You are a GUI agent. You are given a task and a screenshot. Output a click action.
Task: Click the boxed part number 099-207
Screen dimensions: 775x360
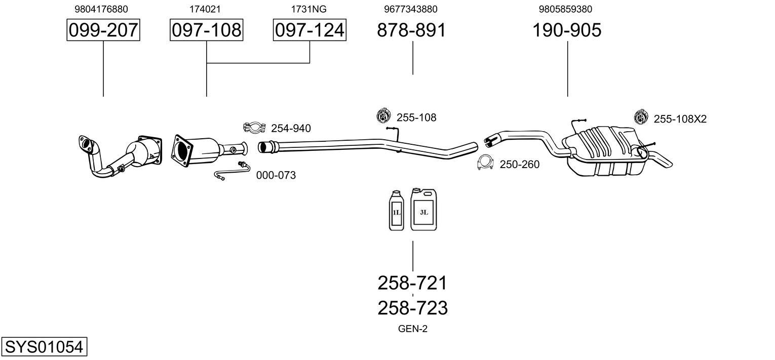103,30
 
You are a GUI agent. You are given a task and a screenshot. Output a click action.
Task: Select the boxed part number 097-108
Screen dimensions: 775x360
206,30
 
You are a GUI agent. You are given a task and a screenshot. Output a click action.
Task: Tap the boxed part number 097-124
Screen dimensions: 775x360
309,30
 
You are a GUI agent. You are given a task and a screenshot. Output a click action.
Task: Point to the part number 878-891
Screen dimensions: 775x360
411,30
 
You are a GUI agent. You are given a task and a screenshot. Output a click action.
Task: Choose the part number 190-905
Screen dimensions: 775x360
567,30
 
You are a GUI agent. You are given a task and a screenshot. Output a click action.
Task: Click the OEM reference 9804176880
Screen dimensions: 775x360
101,9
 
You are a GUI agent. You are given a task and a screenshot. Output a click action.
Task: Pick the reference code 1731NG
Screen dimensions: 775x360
308,9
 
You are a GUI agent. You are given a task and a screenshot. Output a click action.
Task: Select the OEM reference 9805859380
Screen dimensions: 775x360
565,9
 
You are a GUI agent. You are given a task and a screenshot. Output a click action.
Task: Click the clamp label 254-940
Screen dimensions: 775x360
291,128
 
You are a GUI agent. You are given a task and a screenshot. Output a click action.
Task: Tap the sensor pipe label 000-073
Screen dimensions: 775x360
276,175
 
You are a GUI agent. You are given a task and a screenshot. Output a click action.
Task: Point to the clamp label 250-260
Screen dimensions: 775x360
519,164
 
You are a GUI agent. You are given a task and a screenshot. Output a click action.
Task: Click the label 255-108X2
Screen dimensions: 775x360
680,119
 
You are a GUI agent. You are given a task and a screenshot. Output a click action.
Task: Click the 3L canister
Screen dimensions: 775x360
423,210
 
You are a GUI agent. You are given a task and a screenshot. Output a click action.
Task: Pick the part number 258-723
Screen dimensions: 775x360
412,308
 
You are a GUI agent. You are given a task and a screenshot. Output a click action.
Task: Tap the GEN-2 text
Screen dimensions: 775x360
412,329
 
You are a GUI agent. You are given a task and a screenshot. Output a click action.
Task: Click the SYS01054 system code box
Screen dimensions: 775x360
44,346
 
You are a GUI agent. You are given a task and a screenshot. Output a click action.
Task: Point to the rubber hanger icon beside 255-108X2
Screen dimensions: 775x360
641,116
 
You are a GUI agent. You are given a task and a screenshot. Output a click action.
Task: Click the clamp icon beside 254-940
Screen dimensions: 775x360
254,127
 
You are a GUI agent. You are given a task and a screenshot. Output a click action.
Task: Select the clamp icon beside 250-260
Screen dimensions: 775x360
485,163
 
